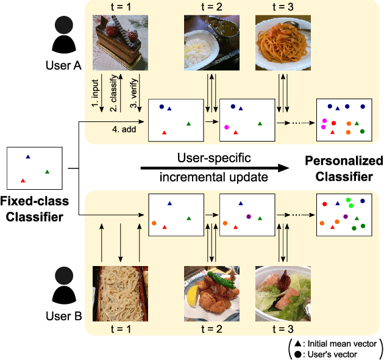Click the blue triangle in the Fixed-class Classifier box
pos(28,157)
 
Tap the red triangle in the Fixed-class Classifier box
pos(23,180)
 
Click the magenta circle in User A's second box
pos(227,127)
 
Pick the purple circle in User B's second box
pos(248,216)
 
